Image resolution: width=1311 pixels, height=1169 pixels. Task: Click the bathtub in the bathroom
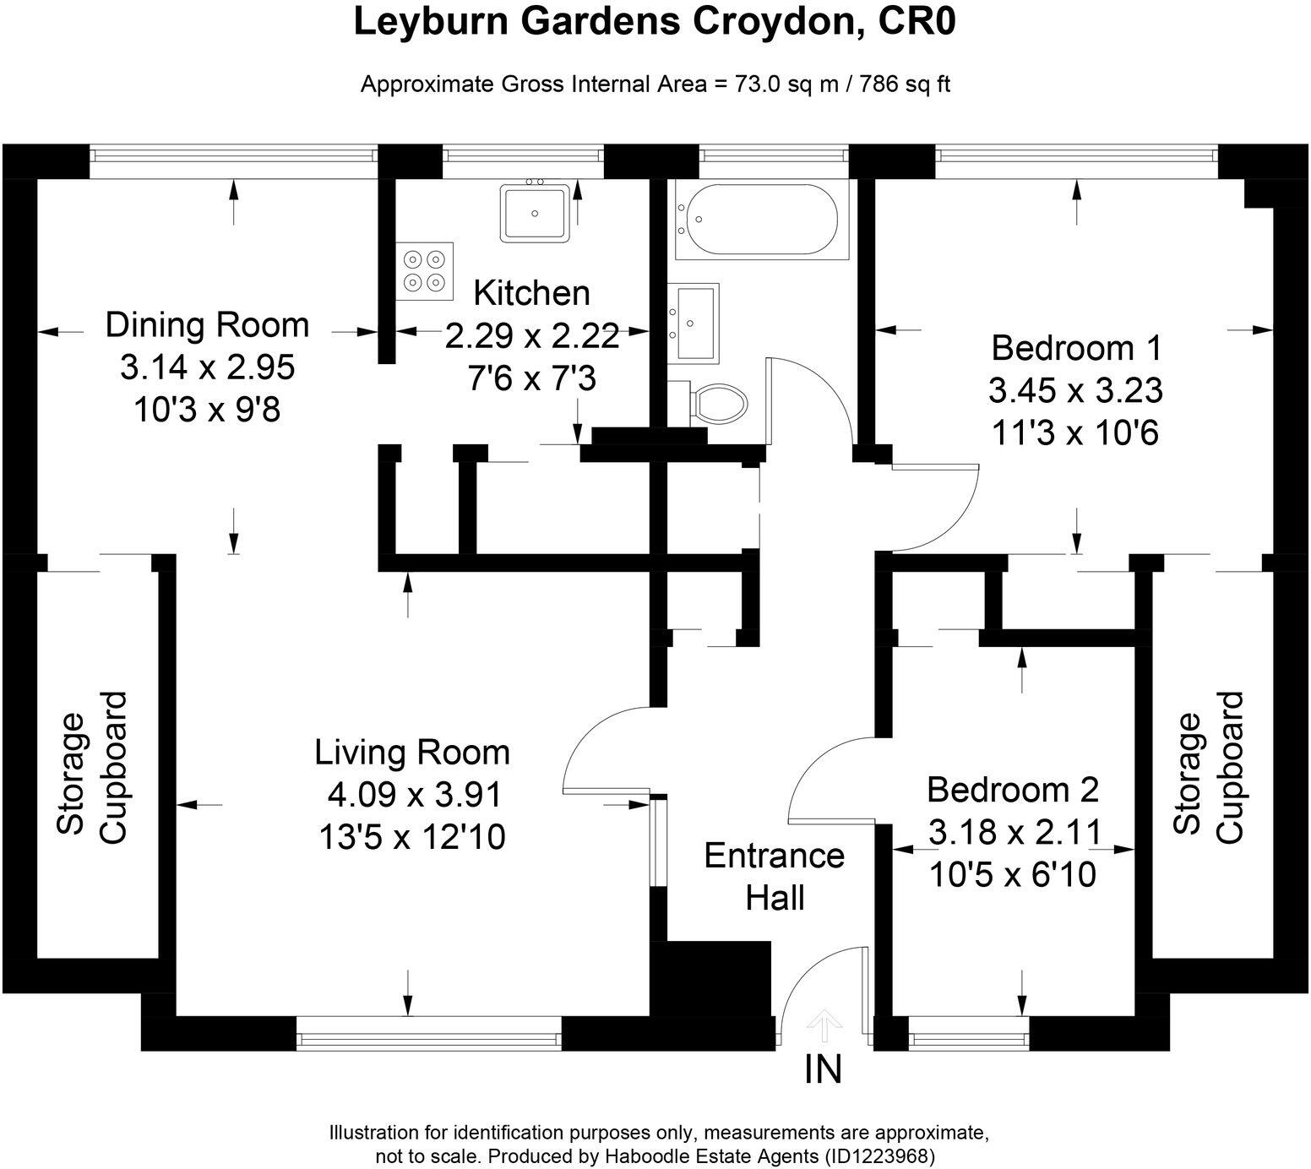tap(757, 220)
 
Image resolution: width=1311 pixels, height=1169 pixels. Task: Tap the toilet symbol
tap(718, 403)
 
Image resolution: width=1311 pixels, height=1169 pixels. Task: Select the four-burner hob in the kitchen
tap(424, 271)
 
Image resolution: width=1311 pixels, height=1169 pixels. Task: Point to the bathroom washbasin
tap(693, 323)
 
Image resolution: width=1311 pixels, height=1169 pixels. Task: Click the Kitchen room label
tap(531, 293)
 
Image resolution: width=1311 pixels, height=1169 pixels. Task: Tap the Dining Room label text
tap(207, 325)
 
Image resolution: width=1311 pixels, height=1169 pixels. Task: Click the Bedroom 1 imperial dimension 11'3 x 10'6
tap(1075, 433)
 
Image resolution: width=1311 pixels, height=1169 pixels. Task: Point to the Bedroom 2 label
tap(1012, 790)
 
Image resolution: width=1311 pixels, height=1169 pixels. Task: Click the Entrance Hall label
tap(775, 876)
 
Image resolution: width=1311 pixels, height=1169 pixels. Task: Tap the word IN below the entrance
tap(823, 1070)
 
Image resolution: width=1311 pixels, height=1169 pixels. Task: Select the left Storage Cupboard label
tap(91, 767)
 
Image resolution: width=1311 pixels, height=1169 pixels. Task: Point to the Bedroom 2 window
tap(968, 1034)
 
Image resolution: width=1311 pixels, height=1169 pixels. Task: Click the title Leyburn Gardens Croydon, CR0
tap(655, 23)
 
